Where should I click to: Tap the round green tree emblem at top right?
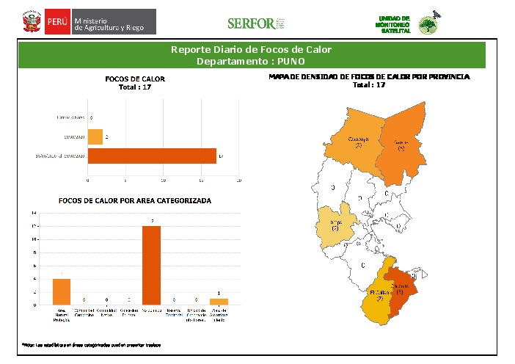tap(428, 25)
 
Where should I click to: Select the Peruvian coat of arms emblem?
tap(31, 22)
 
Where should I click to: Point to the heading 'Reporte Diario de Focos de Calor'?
tap(251, 50)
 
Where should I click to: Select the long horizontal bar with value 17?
tap(152, 156)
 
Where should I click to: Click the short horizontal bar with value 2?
tap(95, 136)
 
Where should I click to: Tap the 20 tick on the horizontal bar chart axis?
tap(239, 180)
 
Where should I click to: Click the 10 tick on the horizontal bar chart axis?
tap(164, 180)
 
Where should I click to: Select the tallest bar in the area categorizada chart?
tap(151, 265)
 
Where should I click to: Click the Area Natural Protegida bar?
tap(62, 291)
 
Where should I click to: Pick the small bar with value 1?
tap(219, 302)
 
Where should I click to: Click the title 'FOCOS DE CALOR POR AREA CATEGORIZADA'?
tap(135, 200)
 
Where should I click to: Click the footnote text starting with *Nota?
tap(91, 344)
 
